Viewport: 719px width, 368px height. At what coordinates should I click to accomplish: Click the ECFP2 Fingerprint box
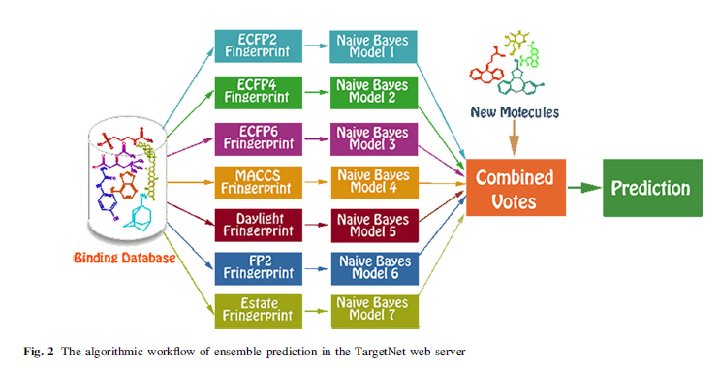coord(258,46)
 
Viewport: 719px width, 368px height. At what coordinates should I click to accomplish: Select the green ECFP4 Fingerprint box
coord(258,92)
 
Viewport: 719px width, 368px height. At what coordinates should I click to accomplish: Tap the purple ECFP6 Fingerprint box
coord(258,138)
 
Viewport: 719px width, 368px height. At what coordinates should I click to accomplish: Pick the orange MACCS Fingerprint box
coord(258,182)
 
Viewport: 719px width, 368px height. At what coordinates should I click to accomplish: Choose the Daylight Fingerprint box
coord(258,225)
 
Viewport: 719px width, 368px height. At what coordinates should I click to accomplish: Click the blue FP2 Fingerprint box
coord(258,268)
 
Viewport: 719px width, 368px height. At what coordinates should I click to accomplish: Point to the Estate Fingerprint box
coord(258,311)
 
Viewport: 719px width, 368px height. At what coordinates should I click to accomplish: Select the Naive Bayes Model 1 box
coord(373,46)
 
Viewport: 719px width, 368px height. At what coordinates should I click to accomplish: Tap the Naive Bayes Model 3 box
coord(374,138)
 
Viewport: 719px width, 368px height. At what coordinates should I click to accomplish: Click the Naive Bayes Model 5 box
coord(375,226)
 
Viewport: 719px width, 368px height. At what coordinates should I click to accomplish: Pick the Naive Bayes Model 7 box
coord(375,312)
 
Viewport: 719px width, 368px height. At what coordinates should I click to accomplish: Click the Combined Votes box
coord(516,188)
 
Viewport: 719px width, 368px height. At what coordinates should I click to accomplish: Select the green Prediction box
coord(652,188)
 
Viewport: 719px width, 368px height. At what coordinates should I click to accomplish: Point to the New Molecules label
coord(515,112)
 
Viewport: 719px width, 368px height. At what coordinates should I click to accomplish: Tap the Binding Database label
coord(125,258)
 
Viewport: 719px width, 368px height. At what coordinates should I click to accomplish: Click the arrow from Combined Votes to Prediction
coord(584,188)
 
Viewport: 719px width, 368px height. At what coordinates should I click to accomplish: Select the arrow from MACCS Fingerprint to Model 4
coord(317,182)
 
